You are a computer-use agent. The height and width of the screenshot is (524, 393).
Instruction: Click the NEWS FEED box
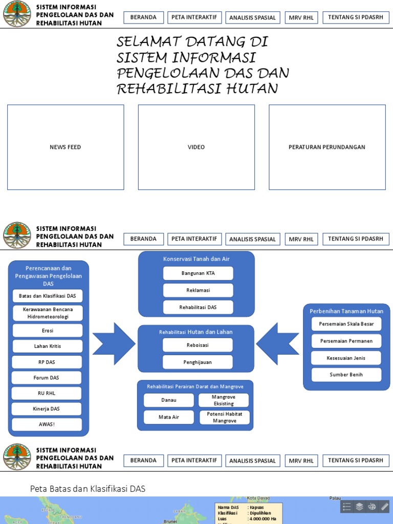pos(65,147)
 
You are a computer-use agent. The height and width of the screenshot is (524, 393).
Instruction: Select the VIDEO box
pos(196,147)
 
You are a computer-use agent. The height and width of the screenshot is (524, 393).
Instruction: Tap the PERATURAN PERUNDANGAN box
pos(327,147)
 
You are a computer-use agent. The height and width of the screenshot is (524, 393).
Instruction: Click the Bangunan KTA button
pos(198,273)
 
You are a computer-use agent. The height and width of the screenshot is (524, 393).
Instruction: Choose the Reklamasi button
pos(198,290)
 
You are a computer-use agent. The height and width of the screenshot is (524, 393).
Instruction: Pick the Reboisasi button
pos(198,345)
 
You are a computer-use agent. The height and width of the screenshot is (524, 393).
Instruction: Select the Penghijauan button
pos(198,362)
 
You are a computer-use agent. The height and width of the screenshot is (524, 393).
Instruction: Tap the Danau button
pos(169,400)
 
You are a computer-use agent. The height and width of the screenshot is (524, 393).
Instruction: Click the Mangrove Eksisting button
pos(224,400)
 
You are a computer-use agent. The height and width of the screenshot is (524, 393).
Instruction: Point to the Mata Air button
pos(169,417)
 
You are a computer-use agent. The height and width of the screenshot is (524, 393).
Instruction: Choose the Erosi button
pos(48,331)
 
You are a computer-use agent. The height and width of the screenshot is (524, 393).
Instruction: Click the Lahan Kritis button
pos(48,346)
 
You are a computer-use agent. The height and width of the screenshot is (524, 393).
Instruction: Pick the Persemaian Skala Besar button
pos(346,324)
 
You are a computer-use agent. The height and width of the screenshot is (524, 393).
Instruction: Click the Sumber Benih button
pos(346,375)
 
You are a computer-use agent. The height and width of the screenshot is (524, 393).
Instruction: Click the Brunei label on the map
pos(170,521)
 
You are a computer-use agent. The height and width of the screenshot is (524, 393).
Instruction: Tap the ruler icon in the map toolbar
pos(385,507)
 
